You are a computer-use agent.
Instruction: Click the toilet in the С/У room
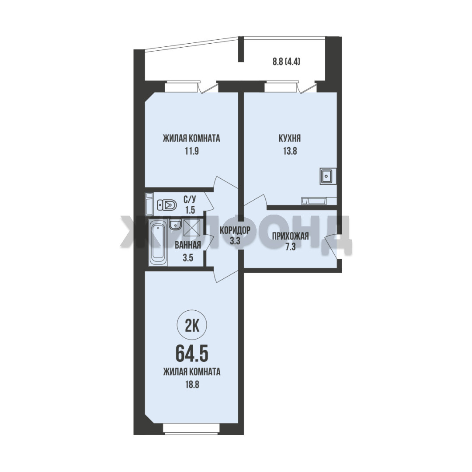tap(167, 206)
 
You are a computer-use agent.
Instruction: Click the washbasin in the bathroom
tap(175, 225)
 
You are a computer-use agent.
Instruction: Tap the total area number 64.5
tap(192, 354)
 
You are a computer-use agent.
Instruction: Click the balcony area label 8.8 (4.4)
tap(287, 62)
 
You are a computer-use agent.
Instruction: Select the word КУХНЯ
tap(290, 139)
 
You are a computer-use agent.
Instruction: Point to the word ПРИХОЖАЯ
tap(291, 236)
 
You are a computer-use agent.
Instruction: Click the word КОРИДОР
tap(235, 231)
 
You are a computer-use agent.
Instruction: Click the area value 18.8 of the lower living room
tap(192, 385)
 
